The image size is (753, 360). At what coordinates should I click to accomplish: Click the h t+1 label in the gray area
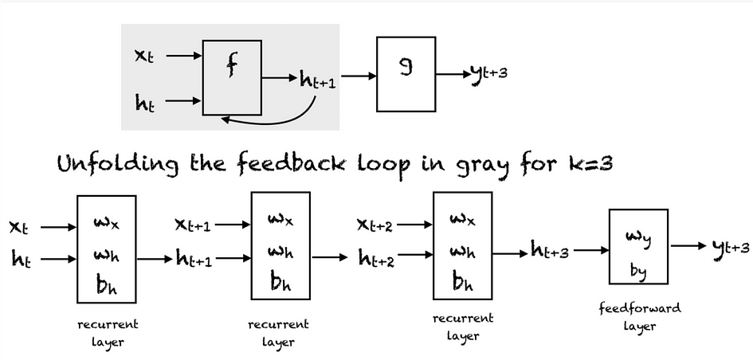317,79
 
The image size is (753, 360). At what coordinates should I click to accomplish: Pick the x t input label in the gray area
144,57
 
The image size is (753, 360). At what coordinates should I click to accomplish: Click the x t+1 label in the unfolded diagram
193,225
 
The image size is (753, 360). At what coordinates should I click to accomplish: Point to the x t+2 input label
375,225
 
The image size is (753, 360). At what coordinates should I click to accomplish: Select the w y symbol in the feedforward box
638,237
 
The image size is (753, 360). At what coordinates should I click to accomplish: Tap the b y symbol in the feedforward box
638,272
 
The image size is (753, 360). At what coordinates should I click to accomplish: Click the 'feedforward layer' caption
640,316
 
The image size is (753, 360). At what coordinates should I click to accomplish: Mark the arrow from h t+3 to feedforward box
591,250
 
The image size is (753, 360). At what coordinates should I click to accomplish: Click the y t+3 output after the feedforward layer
731,247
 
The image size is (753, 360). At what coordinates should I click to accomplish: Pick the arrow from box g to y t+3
453,74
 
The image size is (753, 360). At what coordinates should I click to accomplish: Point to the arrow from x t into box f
184,56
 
